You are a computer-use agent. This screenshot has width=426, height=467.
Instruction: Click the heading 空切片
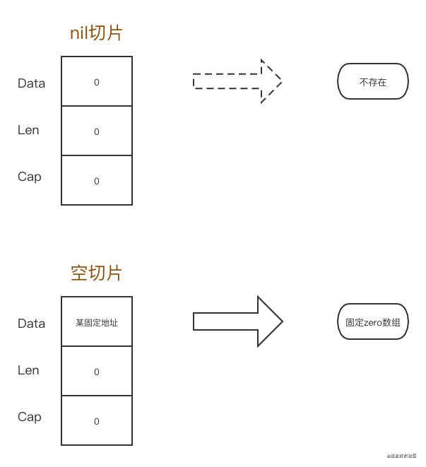(97, 273)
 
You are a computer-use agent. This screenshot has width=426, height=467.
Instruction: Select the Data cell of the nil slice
(97, 82)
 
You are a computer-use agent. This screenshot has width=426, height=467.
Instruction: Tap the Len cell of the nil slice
(97, 131)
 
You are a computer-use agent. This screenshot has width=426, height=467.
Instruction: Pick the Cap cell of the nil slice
(97, 181)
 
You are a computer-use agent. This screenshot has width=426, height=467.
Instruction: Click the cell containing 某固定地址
(97, 322)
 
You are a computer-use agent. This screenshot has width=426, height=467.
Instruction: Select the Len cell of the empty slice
(97, 372)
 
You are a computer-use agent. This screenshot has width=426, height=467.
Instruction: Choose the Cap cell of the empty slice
(97, 421)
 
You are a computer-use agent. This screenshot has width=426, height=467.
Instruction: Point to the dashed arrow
(237, 81)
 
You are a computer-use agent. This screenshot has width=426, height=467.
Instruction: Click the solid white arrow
(237, 321)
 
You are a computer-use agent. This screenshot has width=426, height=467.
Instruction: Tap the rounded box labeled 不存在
(373, 82)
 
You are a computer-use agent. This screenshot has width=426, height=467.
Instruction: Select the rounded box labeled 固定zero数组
(373, 322)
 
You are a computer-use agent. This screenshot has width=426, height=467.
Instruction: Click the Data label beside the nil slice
(32, 83)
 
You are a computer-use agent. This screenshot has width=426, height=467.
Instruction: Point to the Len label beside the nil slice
(28, 130)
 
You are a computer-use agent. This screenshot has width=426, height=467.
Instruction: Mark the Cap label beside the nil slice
(30, 177)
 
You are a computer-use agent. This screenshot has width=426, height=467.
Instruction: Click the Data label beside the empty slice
(32, 324)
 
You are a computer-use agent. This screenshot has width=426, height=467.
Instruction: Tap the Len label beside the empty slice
(28, 370)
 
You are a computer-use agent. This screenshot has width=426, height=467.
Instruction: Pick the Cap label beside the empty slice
(30, 417)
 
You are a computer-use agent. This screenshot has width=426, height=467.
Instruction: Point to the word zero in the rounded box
(374, 322)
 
